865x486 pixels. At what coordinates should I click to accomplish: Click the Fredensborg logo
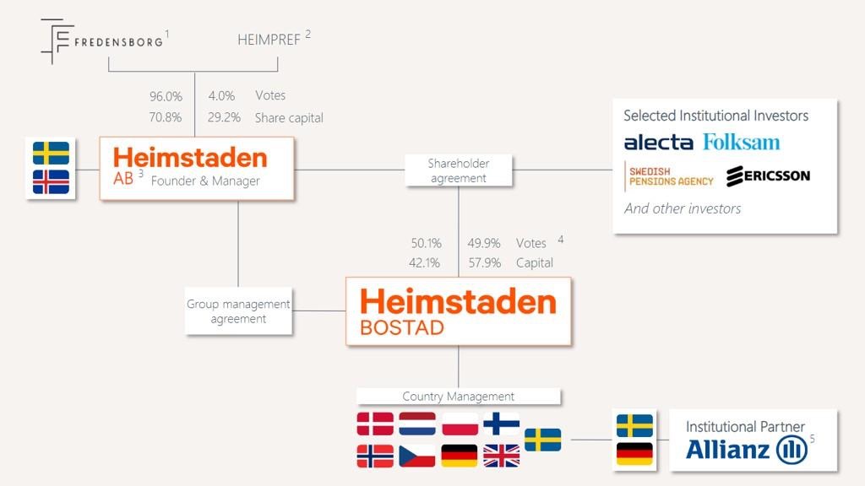pos(102,41)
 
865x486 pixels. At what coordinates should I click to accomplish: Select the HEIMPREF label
pos(269,40)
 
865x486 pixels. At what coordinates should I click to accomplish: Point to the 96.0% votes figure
pos(166,96)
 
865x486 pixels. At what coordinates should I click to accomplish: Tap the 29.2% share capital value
pos(224,117)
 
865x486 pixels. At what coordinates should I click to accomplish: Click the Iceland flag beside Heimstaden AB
pos(51,182)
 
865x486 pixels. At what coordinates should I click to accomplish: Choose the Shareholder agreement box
pos(459,170)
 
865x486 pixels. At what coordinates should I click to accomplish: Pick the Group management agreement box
pos(238,310)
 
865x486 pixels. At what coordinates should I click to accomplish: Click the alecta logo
pos(659,143)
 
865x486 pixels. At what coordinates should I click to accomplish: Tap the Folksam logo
pos(742,142)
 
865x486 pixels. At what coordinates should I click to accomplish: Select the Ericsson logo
pos(769,175)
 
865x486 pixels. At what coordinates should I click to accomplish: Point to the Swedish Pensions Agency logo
pos(669,176)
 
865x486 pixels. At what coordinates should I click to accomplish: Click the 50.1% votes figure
pos(426,243)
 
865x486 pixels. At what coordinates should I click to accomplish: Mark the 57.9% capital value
pos(484,263)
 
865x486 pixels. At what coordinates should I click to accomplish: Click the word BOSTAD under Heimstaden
pos(402,328)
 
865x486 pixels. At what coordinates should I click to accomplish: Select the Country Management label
pos(459,397)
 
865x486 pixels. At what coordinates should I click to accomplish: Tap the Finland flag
pos(502,424)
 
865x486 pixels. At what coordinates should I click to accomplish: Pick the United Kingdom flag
pos(502,456)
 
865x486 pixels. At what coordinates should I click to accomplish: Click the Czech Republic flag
pos(417,456)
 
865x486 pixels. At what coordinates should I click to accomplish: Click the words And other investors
pos(683,208)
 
